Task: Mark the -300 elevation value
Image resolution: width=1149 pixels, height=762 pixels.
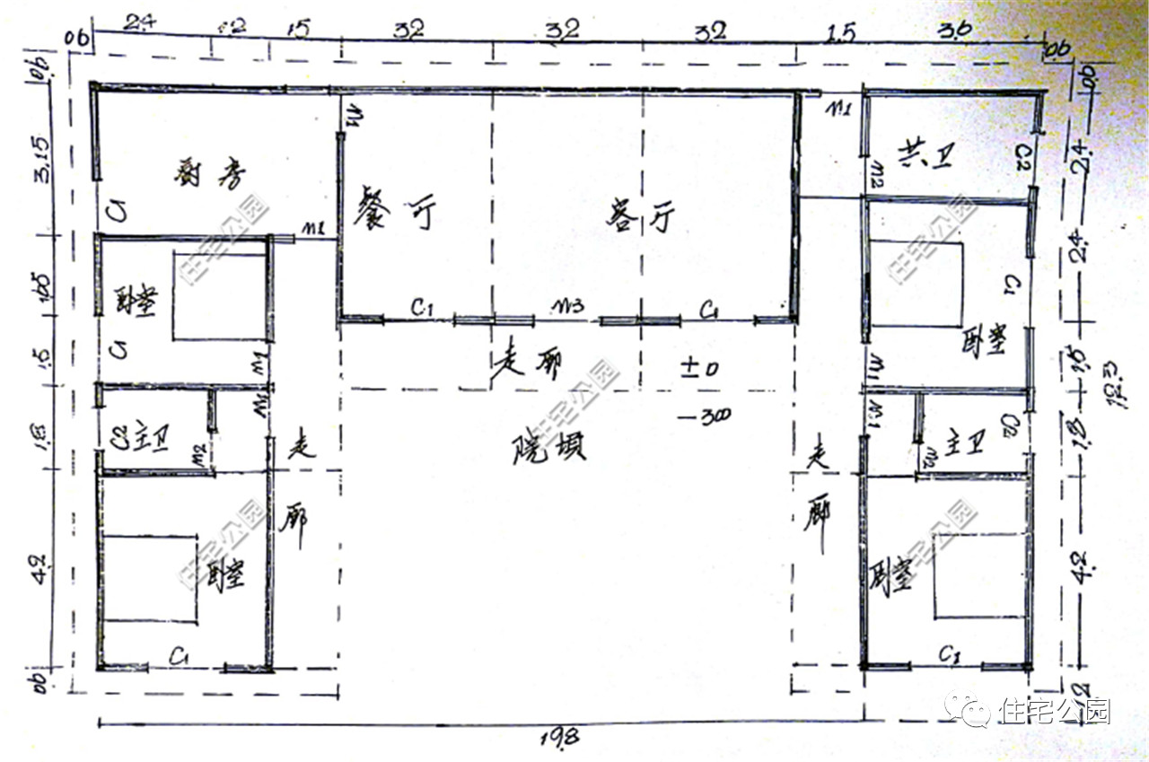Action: tap(705, 416)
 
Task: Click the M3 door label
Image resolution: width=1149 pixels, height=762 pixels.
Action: tap(568, 306)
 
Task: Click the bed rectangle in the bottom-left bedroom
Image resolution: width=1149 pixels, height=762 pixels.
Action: tap(150, 578)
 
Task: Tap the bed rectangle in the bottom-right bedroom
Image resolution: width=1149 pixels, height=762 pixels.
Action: tap(979, 574)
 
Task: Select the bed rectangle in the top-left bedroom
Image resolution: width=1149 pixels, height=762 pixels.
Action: tap(220, 296)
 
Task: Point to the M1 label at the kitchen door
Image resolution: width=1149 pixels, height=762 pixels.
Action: tap(312, 230)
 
